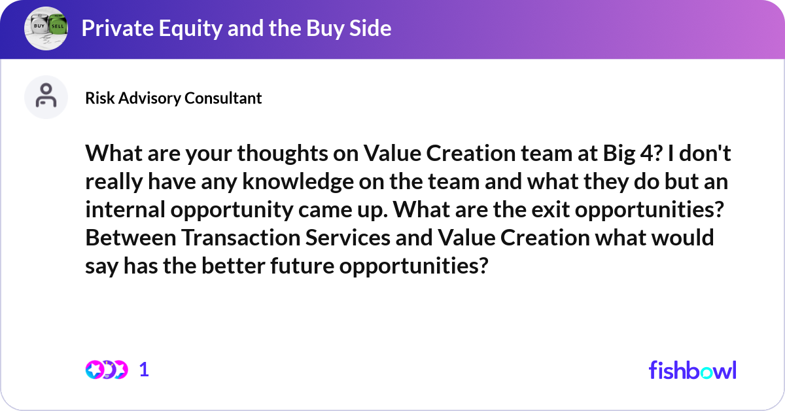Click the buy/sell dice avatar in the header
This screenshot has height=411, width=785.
(46, 28)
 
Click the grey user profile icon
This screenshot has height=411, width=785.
(46, 97)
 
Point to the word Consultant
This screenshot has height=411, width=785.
(223, 98)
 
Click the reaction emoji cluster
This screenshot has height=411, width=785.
(106, 370)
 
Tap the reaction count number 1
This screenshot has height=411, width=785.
(145, 370)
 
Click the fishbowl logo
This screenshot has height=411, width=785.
(692, 370)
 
